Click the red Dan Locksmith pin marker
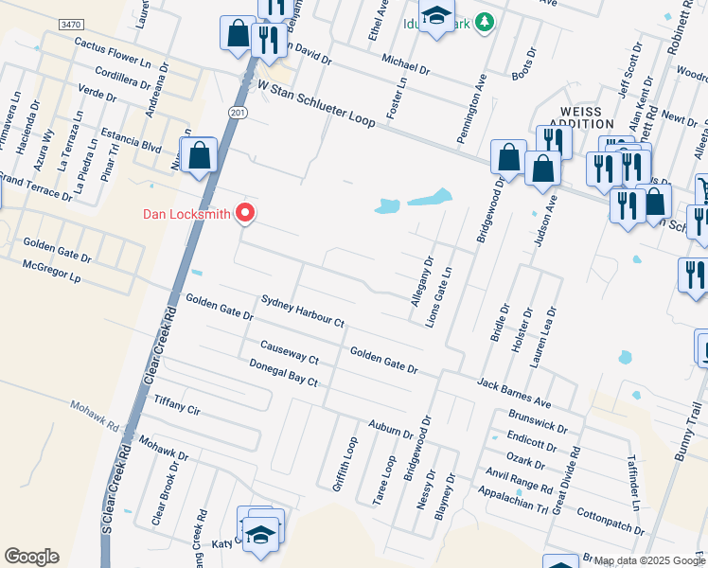[246, 213]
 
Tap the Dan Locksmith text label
[186, 214]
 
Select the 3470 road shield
[70, 24]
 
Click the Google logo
[31, 557]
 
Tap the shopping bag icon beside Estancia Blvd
[201, 155]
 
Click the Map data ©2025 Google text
[650, 560]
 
